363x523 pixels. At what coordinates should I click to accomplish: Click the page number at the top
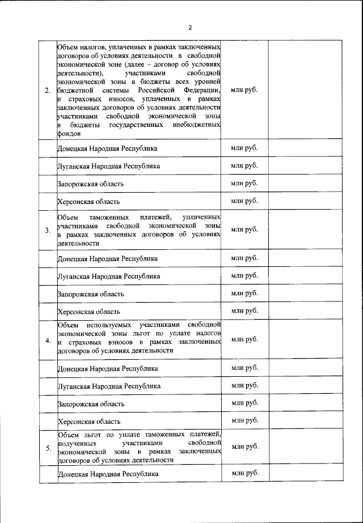click(190, 27)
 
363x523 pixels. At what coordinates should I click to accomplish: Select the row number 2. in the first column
click(48, 90)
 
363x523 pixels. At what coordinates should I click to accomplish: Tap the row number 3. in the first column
click(48, 230)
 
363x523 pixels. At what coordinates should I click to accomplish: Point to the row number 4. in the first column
click(48, 340)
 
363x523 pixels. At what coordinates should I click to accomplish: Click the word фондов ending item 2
click(69, 134)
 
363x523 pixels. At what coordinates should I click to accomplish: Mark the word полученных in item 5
click(76, 443)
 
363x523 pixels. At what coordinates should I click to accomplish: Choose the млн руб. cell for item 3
click(244, 229)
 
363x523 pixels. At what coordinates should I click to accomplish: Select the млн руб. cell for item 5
click(244, 447)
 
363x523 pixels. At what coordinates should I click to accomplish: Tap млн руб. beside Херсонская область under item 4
click(244, 420)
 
